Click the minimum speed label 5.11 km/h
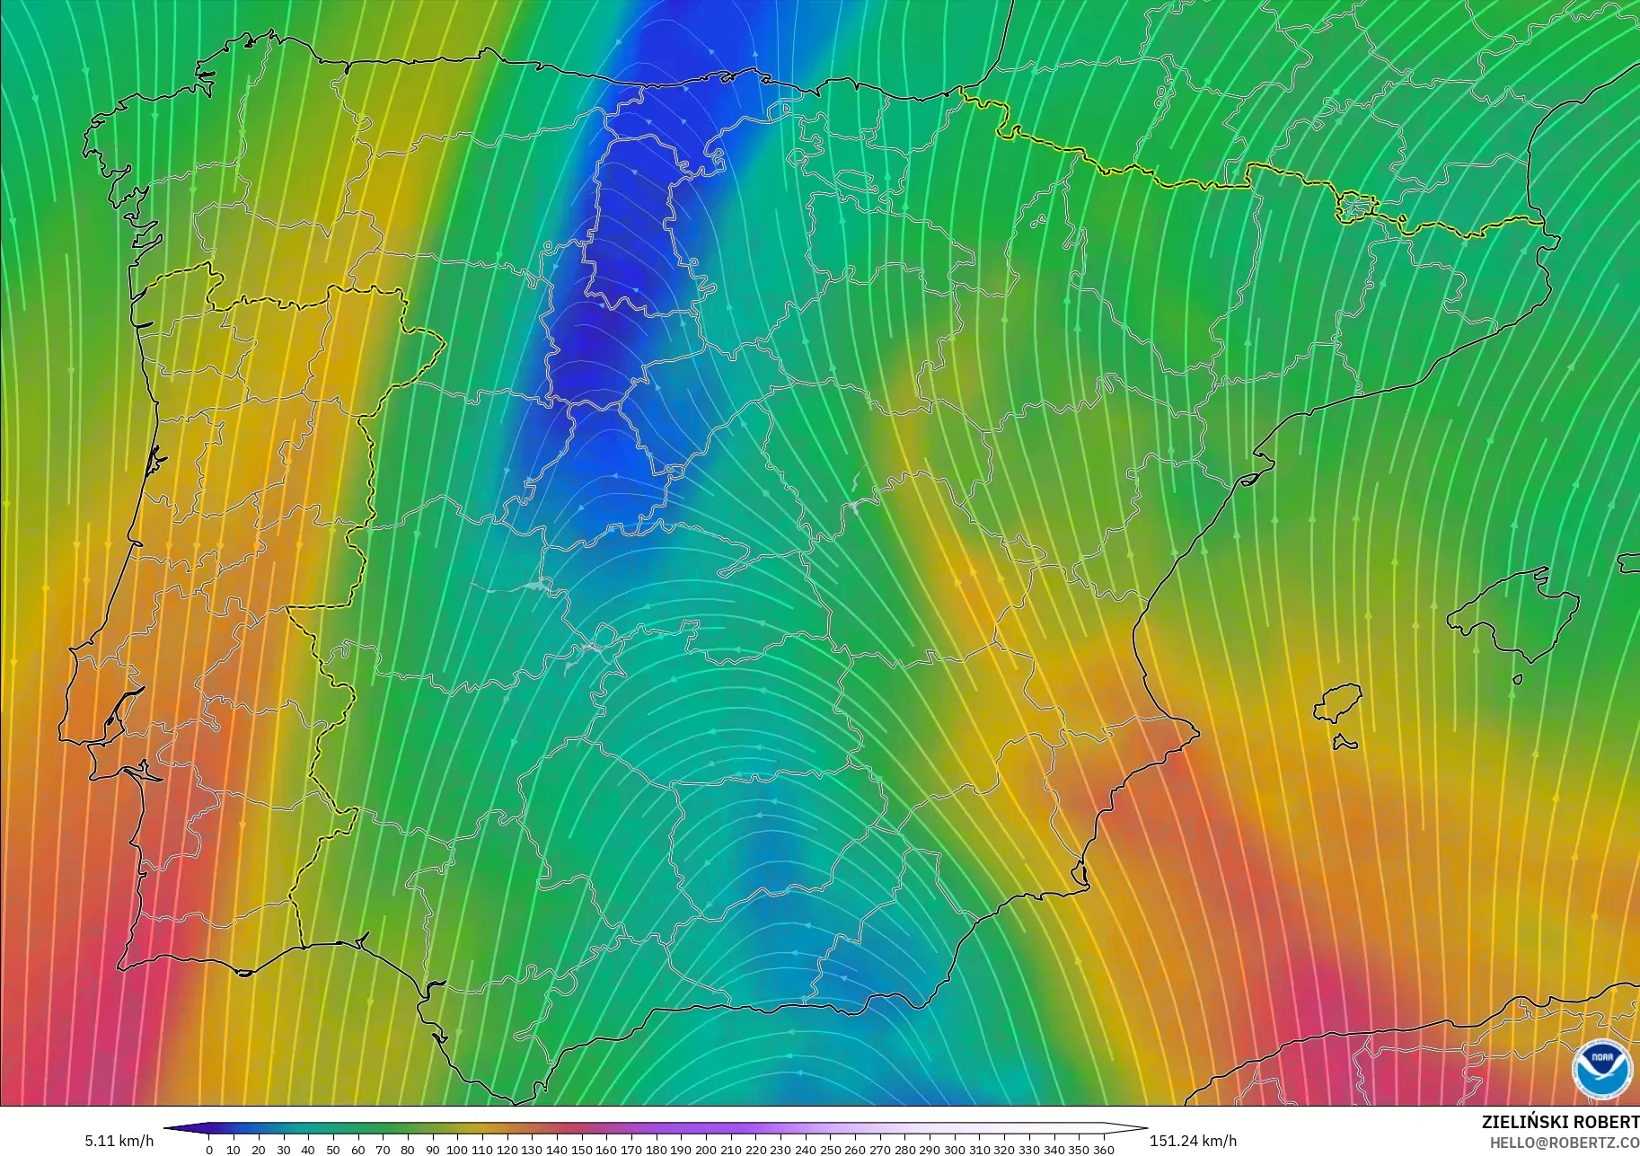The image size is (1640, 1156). [x=119, y=1141]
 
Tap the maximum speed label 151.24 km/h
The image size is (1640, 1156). [x=1193, y=1141]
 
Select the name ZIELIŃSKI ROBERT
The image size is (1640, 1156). [x=1560, y=1123]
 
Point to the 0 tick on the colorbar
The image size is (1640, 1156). [x=209, y=1150]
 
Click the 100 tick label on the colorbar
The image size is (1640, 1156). [x=457, y=1150]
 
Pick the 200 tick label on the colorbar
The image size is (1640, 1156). [x=706, y=1150]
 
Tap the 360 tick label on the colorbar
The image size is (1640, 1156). [x=1104, y=1150]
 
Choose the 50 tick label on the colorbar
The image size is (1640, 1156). [x=333, y=1150]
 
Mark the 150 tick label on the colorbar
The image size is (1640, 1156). [x=582, y=1150]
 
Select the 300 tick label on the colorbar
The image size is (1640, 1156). [x=955, y=1150]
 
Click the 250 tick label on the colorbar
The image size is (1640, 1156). [x=831, y=1150]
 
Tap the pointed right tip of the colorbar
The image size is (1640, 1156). [x=1145, y=1128]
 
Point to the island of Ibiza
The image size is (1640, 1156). [x=1337, y=703]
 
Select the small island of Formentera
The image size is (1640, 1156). [x=1345, y=744]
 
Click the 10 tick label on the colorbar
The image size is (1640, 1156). [x=234, y=1150]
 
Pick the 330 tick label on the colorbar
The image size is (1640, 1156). [x=1029, y=1150]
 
